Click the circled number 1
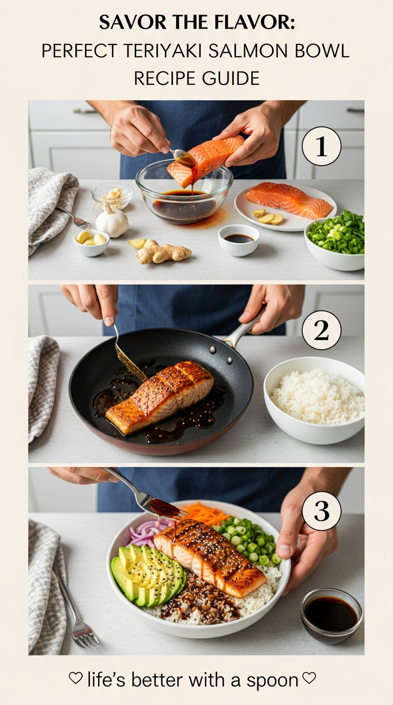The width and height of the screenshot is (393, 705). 321,146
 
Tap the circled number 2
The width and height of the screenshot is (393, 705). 321,330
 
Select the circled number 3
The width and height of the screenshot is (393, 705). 321,511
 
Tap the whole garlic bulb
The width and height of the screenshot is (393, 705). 112,219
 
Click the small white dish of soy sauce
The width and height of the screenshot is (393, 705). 238,240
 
